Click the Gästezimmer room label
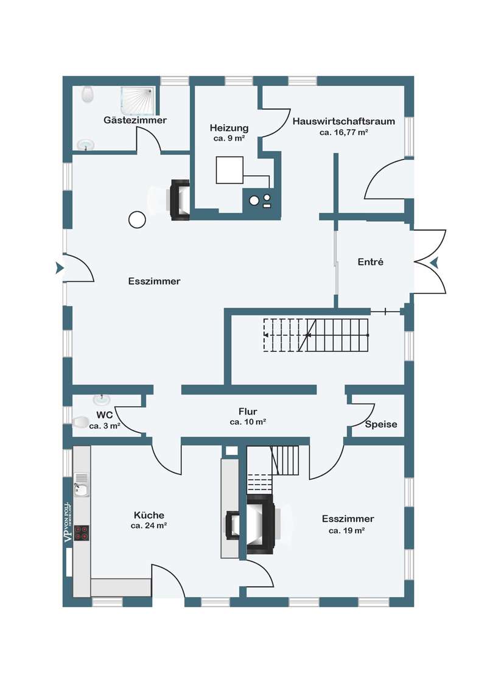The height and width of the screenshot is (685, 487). pos(135,120)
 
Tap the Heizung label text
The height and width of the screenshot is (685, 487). pos(229,128)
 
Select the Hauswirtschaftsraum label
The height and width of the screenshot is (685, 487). pos(344,121)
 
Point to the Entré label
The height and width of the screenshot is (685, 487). pos(370,262)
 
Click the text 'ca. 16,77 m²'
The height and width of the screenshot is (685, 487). pos(344,132)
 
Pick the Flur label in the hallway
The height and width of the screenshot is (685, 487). pos(248,411)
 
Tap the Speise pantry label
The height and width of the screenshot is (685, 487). pos(381,424)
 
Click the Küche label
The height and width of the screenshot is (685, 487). pos(149,515)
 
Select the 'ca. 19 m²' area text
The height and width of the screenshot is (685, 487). pos(347,530)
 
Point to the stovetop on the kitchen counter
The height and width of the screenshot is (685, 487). pos(82,533)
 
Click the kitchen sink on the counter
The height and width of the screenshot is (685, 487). pos(82,485)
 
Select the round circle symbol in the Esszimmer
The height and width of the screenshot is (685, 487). pos(137,220)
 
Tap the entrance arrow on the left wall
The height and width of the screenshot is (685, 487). pos(60,268)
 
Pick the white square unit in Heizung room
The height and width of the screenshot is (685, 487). pos(229,170)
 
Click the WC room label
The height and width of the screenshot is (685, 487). pos(105,415)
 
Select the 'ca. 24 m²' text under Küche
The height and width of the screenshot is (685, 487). pos(149,525)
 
